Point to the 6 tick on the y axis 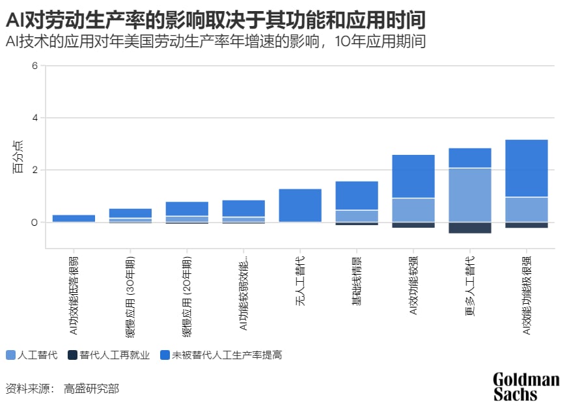(35, 65)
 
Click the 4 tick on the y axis (35, 118)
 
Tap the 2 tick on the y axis (35, 170)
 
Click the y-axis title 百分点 (18, 157)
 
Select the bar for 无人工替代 (300, 206)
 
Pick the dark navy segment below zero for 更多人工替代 (470, 228)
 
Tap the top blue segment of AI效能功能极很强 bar (527, 168)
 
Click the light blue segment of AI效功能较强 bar (413, 210)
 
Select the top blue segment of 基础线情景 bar (357, 195)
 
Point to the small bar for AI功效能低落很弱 (74, 219)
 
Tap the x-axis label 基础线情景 (357, 280)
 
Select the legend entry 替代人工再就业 (109, 355)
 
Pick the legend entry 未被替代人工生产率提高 (221, 355)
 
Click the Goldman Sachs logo (525, 387)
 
